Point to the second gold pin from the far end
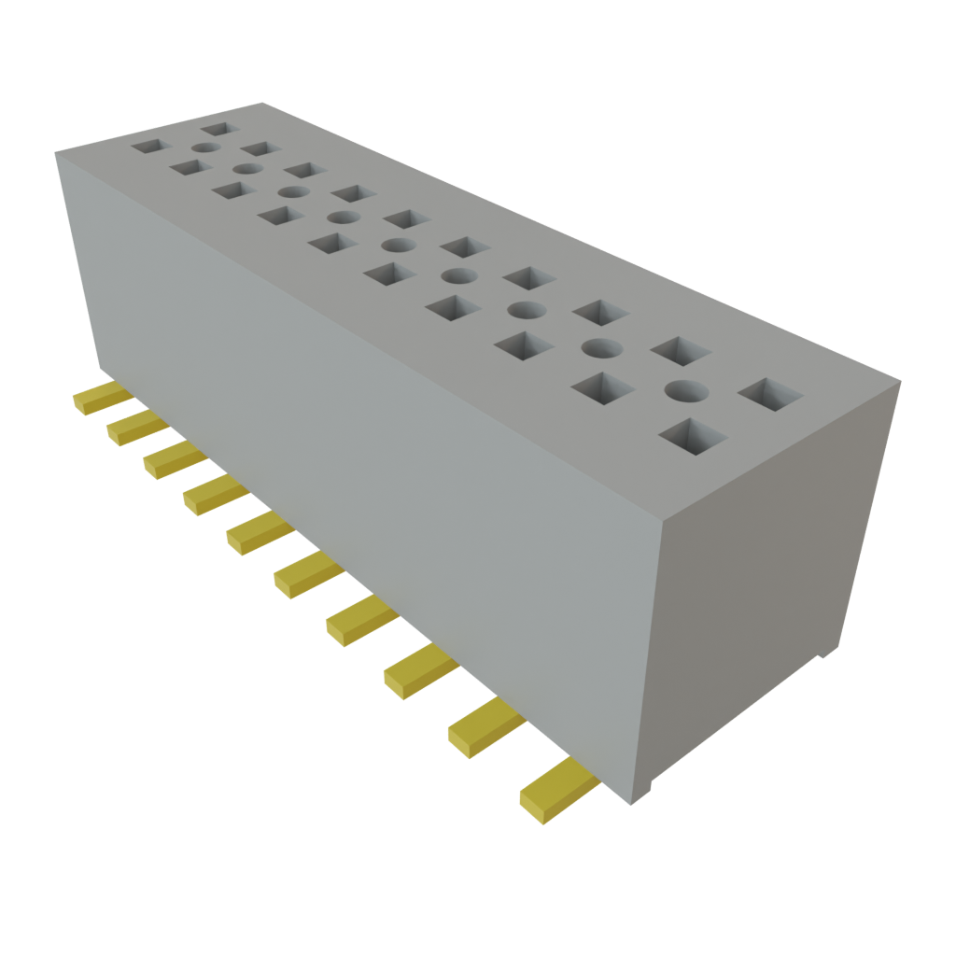pos(135,427)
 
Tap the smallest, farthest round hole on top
pos(206,148)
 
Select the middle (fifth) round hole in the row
pos(398,246)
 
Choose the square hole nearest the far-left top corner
pos(148,147)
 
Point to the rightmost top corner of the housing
pos(900,379)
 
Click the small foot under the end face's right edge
pos(824,654)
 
